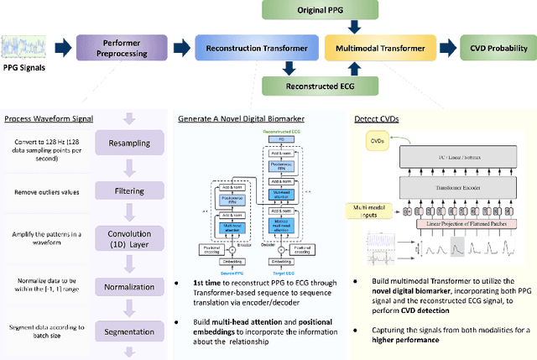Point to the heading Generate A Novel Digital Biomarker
241,118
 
